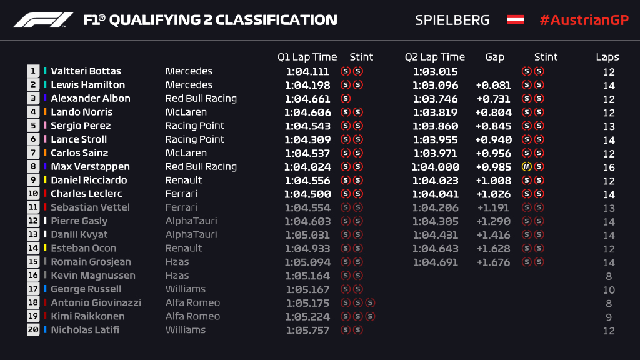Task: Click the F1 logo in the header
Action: pos(42,20)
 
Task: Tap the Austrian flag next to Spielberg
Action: pos(515,20)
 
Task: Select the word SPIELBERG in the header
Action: pos(452,20)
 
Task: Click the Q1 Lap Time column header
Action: pos(307,57)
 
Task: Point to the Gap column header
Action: pos(494,57)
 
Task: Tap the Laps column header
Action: pos(607,57)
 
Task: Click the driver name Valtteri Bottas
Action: pos(86,71)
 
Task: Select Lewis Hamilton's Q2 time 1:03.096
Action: pos(435,85)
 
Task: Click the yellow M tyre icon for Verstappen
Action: pos(526,167)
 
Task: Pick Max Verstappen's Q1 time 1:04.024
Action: pos(306,167)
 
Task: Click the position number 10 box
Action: pos(33,194)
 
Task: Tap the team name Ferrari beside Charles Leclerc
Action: pos(181,194)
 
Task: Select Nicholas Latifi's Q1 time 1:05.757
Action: pos(307,331)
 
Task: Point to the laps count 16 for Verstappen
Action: pos(609,167)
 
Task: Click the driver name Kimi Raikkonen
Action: pos(87,316)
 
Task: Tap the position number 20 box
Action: pos(33,331)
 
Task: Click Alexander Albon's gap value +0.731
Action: pos(492,99)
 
